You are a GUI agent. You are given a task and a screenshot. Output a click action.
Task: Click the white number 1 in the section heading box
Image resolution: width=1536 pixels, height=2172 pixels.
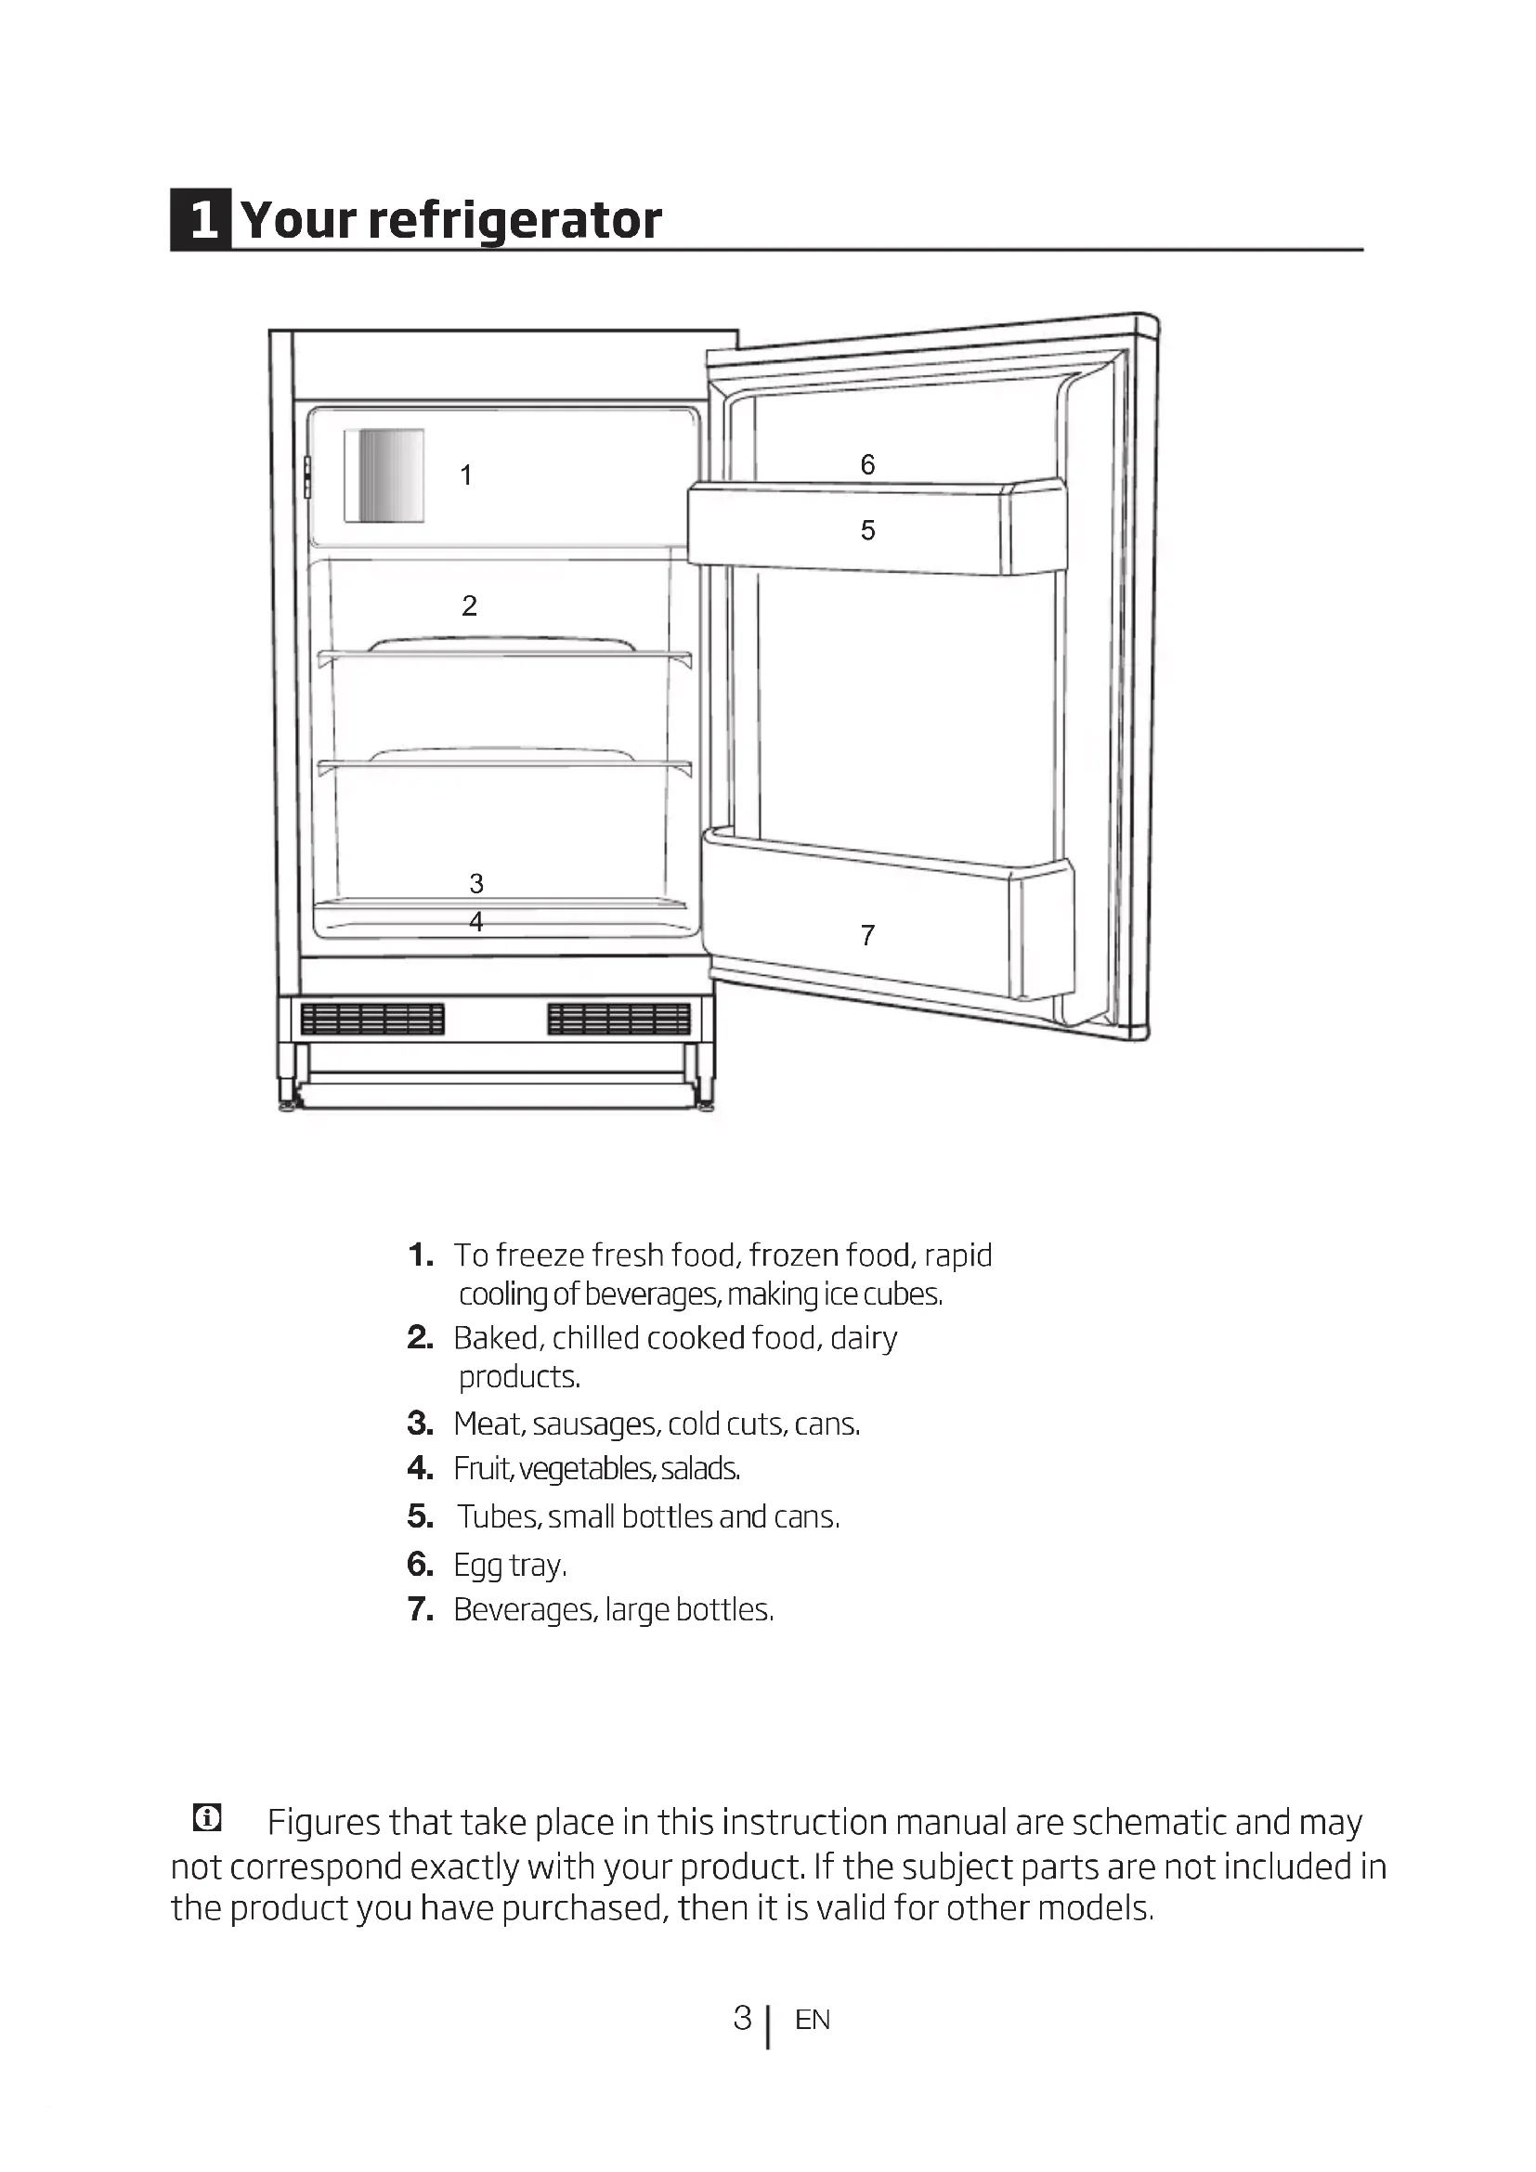(x=202, y=219)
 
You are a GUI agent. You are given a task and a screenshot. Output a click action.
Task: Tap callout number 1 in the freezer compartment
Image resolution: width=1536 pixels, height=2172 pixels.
(x=465, y=475)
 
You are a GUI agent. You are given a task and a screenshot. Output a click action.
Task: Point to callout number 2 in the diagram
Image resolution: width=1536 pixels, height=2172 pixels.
(x=469, y=605)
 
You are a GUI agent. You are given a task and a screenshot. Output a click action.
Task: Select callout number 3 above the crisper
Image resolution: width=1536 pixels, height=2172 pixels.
(x=476, y=882)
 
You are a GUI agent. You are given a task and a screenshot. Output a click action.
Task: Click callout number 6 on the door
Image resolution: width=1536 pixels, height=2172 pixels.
(x=867, y=464)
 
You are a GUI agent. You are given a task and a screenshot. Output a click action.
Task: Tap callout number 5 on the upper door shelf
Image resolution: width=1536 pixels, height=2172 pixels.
(x=867, y=529)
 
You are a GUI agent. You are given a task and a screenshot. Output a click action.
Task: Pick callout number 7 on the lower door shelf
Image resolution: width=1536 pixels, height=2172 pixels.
(x=867, y=935)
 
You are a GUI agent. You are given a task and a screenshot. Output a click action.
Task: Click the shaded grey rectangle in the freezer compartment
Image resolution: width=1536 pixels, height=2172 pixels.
(x=383, y=475)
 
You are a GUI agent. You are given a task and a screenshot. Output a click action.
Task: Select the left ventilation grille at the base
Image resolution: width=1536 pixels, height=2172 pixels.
(x=371, y=1019)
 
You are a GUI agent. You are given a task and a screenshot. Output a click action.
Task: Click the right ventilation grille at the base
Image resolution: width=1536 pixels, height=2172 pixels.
(x=618, y=1019)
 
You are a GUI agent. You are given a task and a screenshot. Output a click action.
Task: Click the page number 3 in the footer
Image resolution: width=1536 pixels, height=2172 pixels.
(x=743, y=2018)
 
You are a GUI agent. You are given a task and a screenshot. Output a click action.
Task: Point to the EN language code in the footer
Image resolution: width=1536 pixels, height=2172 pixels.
(x=813, y=2020)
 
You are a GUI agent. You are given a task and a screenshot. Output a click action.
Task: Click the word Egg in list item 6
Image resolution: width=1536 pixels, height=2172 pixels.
(x=477, y=1566)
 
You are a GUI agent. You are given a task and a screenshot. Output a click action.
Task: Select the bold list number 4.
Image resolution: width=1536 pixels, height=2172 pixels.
(x=420, y=1468)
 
